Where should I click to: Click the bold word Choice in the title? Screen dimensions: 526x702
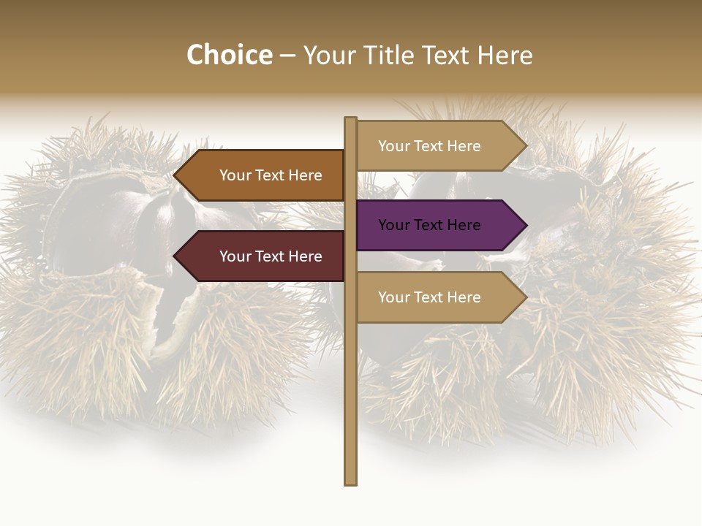coord(229,56)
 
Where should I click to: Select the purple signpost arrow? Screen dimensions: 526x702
coord(439,225)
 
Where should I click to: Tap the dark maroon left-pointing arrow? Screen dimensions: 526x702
coord(263,256)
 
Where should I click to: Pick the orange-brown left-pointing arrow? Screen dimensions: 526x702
coord(263,175)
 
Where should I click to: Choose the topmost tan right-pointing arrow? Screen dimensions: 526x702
coord(439,146)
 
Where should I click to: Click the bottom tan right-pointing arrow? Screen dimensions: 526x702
coord(439,297)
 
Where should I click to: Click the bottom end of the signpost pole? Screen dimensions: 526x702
coord(351,482)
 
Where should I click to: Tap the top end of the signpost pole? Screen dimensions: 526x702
coord(351,120)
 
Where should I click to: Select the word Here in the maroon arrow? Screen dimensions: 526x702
coord(305,256)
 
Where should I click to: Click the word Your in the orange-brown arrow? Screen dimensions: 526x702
coord(235,175)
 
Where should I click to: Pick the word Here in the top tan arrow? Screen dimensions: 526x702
coord(464,146)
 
